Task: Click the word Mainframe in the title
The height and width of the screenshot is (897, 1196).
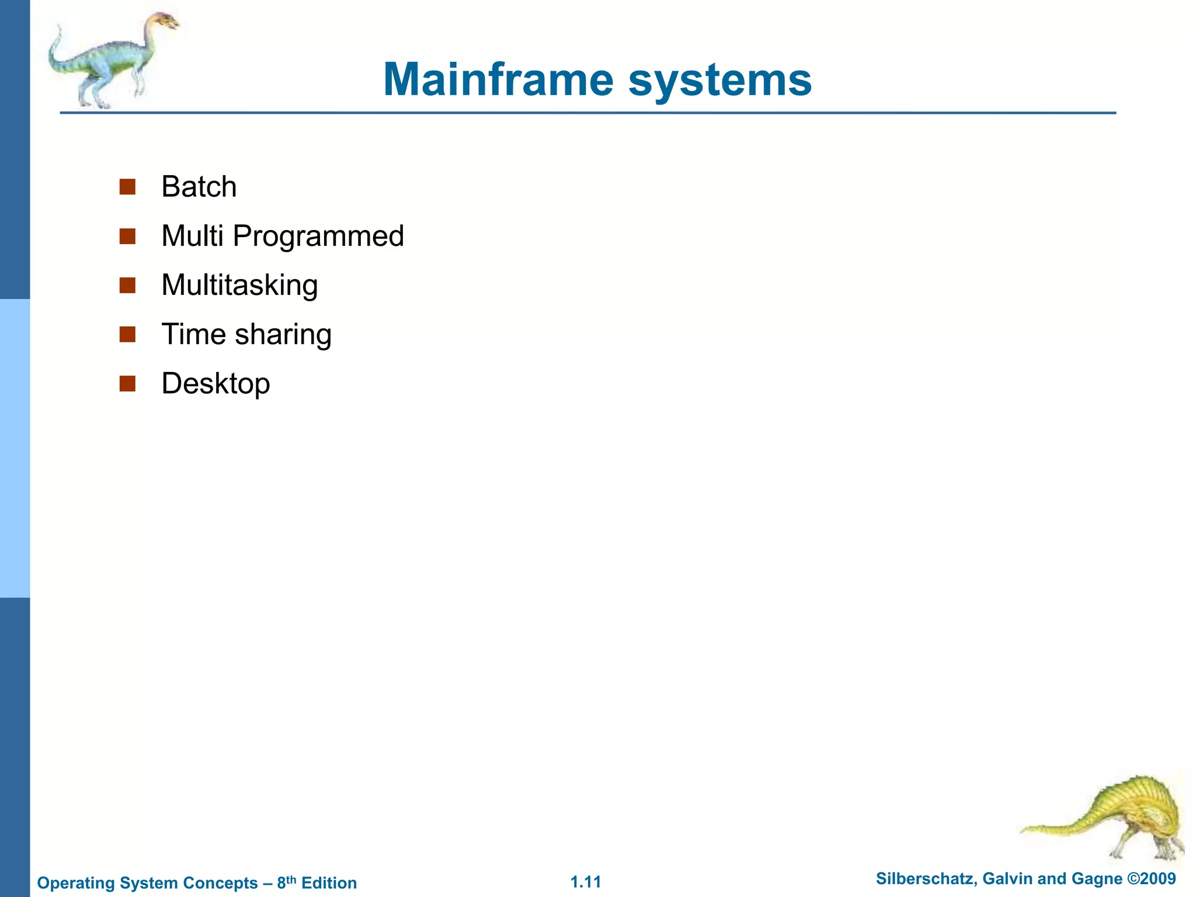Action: pos(498,79)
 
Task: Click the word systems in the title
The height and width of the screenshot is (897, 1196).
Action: pos(719,81)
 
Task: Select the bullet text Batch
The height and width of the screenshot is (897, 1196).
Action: pos(199,187)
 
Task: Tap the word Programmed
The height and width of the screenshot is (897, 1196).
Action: pos(318,237)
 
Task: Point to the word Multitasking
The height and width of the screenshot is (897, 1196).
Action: pos(239,286)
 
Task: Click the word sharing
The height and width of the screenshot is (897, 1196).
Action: pos(283,335)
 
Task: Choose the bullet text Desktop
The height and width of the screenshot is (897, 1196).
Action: pos(215,384)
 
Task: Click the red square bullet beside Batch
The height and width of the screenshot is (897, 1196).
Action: pos(127,187)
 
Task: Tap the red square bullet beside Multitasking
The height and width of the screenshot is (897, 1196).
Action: pos(127,286)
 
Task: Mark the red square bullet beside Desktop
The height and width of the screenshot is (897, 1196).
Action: pos(127,384)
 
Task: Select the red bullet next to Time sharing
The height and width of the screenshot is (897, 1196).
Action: pos(127,335)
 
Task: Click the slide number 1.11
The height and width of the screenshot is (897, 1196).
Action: pos(586,882)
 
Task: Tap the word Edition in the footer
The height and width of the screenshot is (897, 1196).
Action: pos(329,883)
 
